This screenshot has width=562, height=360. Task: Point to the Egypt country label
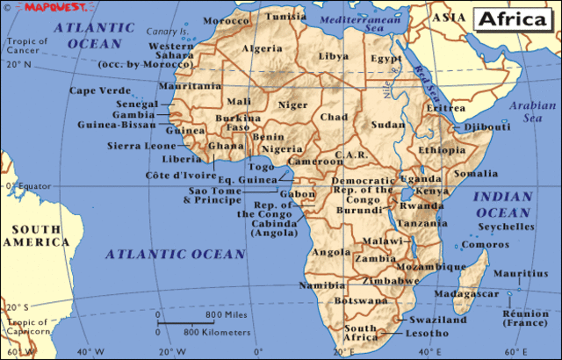[x=385, y=58]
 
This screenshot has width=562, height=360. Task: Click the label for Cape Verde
[x=97, y=90]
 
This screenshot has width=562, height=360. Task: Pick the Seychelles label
[x=505, y=227]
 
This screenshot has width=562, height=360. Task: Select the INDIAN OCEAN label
[x=502, y=205]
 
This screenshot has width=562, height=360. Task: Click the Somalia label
[x=475, y=174]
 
